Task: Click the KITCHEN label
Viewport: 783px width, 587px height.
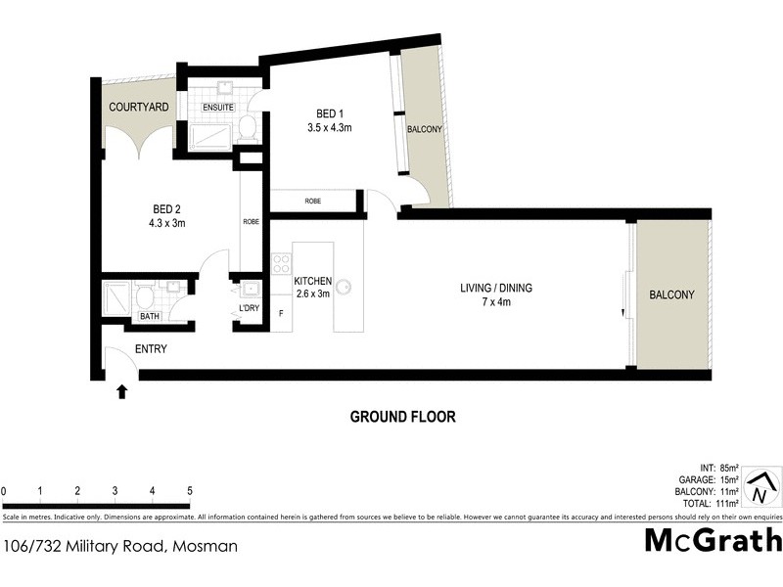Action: pyautogui.click(x=313, y=282)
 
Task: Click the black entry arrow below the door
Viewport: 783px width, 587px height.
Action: pyautogui.click(x=121, y=392)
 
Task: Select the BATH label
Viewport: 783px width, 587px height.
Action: pyautogui.click(x=149, y=316)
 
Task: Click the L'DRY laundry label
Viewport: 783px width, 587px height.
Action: pyautogui.click(x=250, y=309)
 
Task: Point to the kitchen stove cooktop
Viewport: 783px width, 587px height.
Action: pyautogui.click(x=281, y=263)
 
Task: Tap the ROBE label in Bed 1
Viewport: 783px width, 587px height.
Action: pyautogui.click(x=313, y=201)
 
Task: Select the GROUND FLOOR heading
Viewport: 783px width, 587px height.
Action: pyautogui.click(x=402, y=417)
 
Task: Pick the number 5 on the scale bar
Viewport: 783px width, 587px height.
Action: pyautogui.click(x=189, y=491)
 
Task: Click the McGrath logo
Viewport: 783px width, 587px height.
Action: pyautogui.click(x=713, y=539)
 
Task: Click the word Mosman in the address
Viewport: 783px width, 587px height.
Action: pyautogui.click(x=205, y=546)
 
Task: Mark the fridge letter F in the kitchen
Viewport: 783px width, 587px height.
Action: pyautogui.click(x=282, y=313)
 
